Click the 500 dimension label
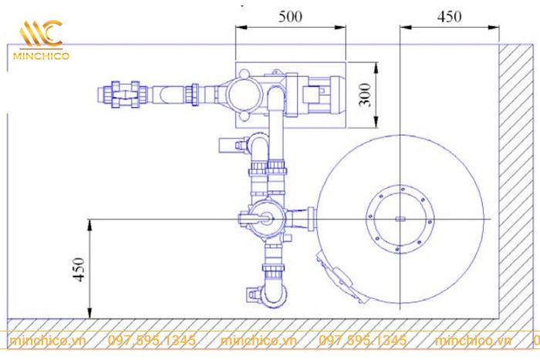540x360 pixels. [290, 16]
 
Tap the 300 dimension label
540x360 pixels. [366, 95]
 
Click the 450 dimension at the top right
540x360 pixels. [449, 16]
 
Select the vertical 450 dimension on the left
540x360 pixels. [79, 270]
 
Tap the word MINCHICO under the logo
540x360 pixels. [42, 56]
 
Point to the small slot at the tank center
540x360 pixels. [400, 219]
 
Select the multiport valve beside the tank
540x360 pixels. [266, 219]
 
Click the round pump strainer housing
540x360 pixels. [244, 95]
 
